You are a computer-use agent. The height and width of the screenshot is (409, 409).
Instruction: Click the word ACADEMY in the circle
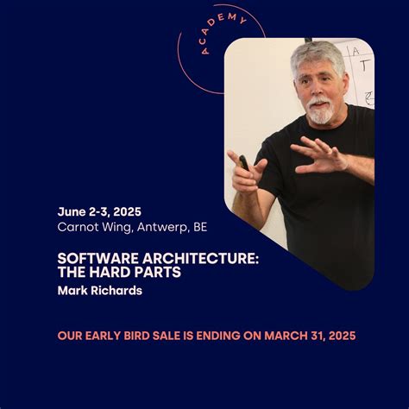tap(221, 33)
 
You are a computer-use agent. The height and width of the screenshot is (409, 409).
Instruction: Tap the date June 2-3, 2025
tap(99, 211)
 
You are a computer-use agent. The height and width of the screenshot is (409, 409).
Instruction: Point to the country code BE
tap(199, 227)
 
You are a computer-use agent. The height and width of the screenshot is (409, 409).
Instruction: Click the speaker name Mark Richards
tap(99, 291)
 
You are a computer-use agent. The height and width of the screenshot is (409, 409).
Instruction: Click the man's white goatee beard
tap(320, 111)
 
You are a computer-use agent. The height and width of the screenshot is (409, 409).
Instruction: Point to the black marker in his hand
tap(244, 161)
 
